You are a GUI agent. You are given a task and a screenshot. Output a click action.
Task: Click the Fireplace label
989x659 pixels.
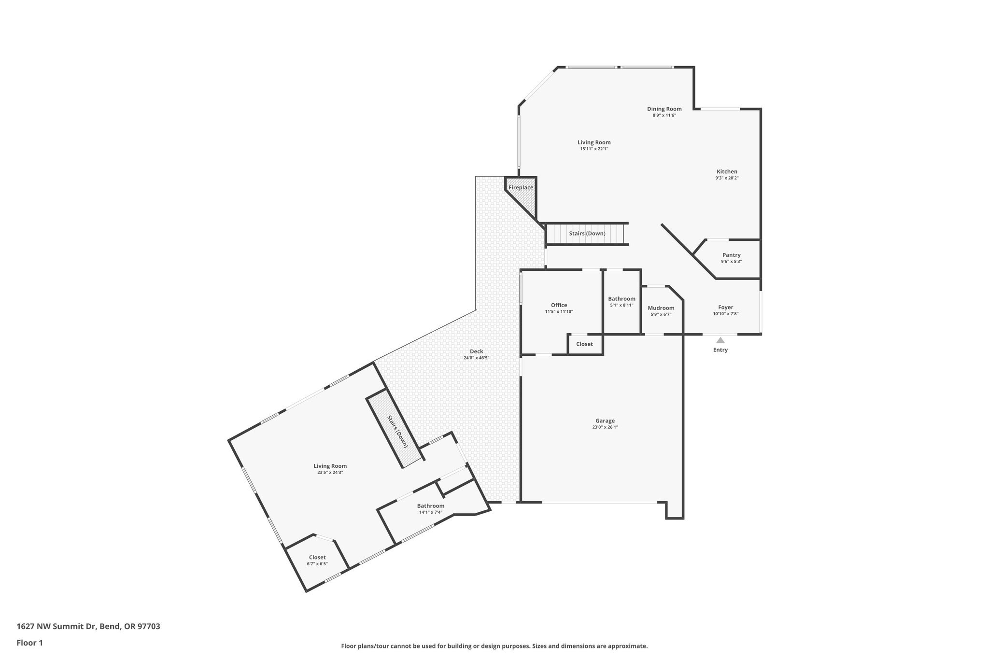(x=521, y=187)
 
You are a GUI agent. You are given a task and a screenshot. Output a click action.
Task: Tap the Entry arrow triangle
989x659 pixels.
(x=720, y=340)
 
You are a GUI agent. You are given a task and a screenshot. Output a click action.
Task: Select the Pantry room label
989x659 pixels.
(x=731, y=255)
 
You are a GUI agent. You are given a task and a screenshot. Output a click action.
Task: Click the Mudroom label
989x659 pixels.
(x=661, y=308)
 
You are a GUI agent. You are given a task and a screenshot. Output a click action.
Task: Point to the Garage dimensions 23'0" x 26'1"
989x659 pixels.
(x=605, y=427)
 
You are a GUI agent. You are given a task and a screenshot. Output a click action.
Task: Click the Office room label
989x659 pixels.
(x=559, y=305)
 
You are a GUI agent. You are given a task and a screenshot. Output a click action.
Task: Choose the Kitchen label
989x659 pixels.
(x=726, y=171)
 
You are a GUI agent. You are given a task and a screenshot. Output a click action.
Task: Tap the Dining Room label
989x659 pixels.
(x=664, y=109)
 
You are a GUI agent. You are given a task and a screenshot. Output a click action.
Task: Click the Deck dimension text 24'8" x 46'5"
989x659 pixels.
(x=476, y=358)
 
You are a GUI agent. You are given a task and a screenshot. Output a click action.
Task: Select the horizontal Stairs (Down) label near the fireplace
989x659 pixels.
(x=587, y=234)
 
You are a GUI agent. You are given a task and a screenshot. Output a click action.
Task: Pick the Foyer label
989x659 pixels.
(x=725, y=307)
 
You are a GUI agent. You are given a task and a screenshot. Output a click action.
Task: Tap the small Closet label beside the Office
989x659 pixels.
(x=584, y=344)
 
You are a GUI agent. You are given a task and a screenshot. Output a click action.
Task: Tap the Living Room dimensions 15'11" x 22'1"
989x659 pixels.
(x=594, y=149)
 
